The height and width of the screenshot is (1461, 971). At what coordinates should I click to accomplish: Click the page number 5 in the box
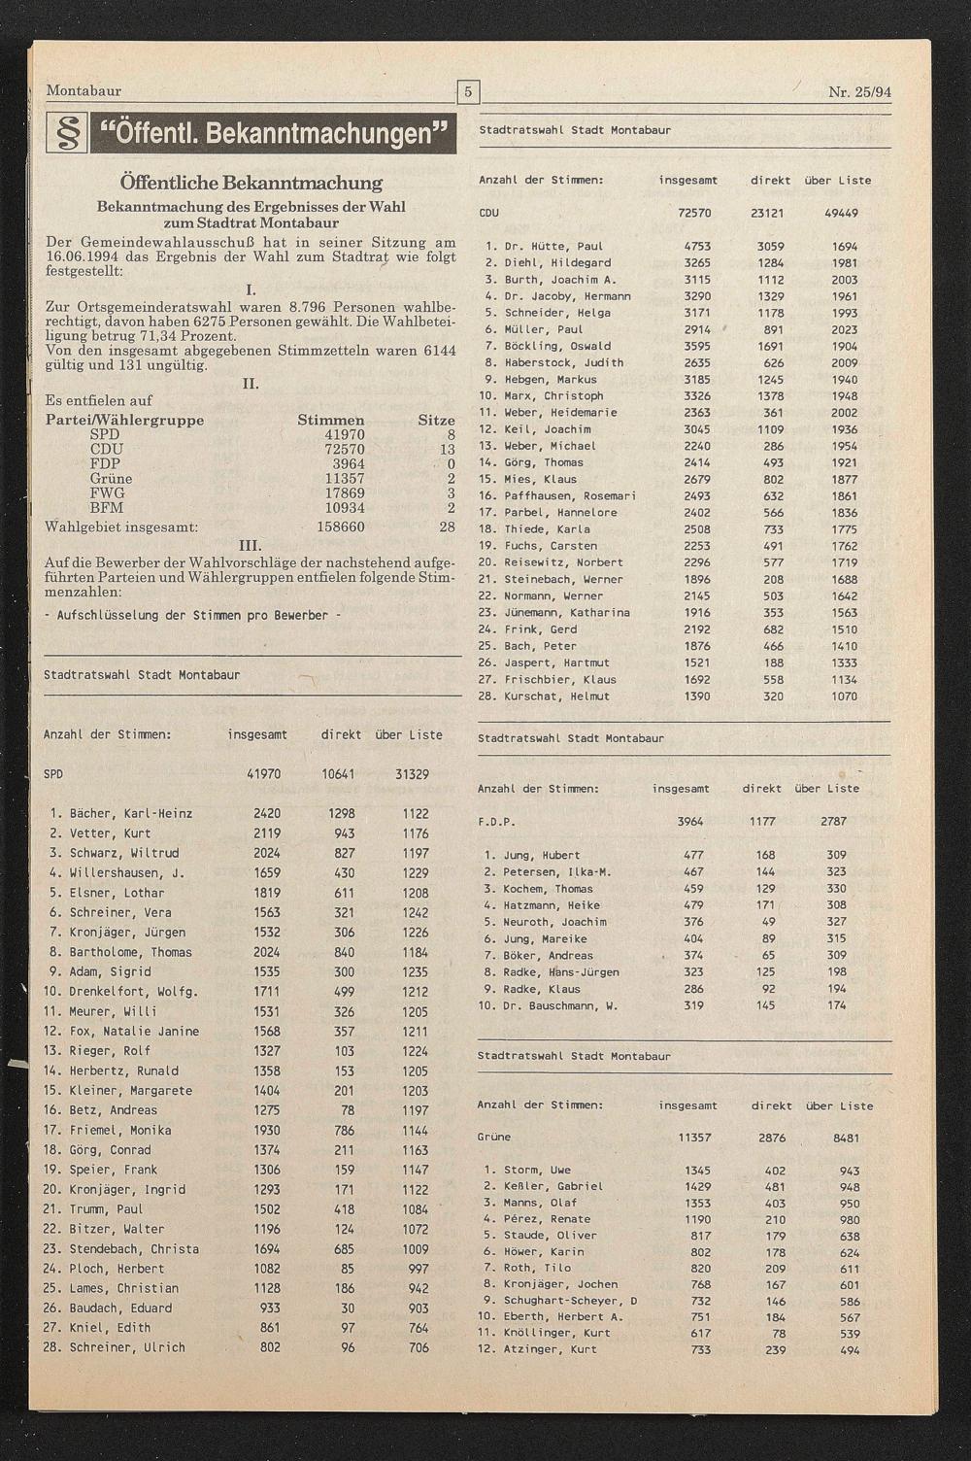coord(468,92)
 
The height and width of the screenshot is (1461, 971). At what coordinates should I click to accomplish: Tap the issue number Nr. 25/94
coord(859,92)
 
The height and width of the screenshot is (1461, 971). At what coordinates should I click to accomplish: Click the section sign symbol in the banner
coord(67,133)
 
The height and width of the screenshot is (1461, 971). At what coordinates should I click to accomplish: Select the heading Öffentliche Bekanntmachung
coord(251,183)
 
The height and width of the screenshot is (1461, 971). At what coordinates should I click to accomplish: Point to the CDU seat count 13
coord(447,450)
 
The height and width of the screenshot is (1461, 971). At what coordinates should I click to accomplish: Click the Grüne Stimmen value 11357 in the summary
coord(345,479)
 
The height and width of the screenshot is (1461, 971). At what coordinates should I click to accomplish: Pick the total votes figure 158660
coord(341,527)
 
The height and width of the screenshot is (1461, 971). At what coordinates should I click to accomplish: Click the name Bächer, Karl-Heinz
coord(131,814)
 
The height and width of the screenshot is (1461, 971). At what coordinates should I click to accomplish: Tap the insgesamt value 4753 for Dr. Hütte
coord(697,247)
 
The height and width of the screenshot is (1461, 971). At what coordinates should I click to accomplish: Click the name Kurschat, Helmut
coord(558,697)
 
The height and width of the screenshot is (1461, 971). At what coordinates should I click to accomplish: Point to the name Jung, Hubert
coord(541,856)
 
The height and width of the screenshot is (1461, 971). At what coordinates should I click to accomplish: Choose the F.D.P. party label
coord(496,822)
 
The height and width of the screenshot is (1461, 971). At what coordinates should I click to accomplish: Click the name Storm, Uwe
coord(536,1171)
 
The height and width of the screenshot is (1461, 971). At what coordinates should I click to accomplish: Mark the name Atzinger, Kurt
coord(550,1350)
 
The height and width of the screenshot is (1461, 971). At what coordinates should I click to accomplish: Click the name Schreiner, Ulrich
coord(127,1348)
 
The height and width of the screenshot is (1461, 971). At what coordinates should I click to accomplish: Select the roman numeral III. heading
coord(250,545)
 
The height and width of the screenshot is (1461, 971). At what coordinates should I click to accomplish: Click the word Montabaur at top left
coord(84,91)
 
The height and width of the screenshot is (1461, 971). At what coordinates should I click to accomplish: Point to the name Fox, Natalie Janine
coord(134,1032)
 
